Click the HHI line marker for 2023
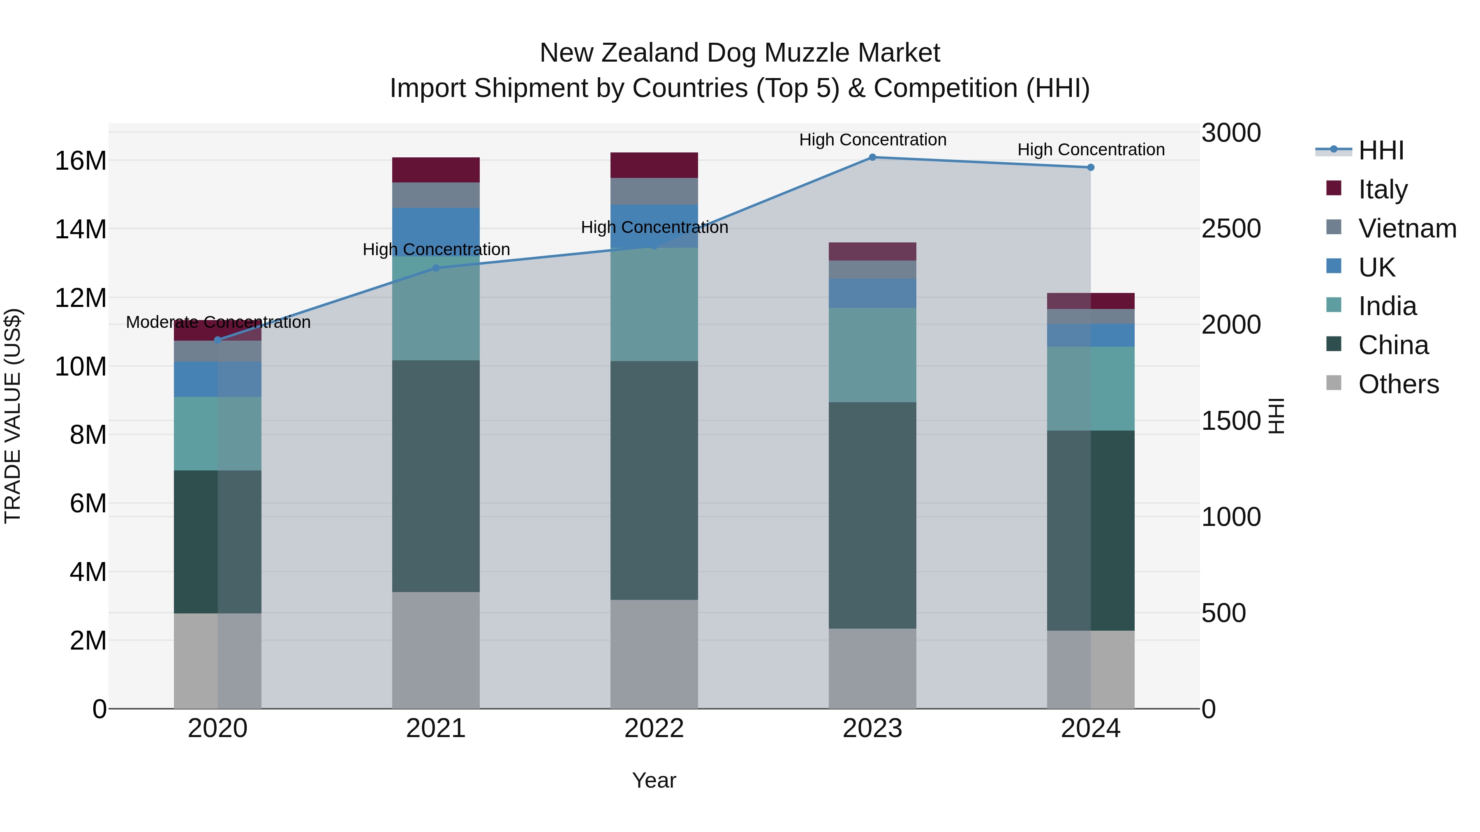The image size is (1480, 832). click(872, 157)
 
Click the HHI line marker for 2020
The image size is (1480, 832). click(218, 340)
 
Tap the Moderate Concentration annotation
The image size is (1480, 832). click(218, 322)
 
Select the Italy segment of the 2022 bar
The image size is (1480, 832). click(654, 165)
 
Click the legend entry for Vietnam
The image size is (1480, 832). click(1406, 228)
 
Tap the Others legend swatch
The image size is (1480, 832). click(1334, 383)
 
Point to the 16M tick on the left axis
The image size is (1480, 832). click(81, 161)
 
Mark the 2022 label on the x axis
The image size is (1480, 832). click(654, 728)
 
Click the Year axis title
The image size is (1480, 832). click(654, 780)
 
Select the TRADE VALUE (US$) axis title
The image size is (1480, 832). click(13, 416)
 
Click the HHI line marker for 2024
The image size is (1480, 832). click(1090, 168)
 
